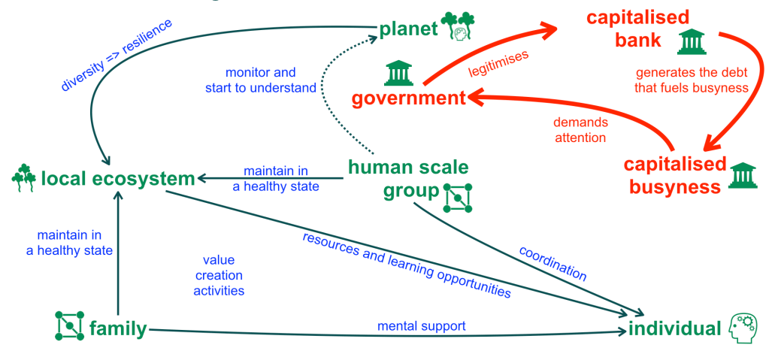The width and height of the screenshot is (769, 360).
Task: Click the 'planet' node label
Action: coord(408,29)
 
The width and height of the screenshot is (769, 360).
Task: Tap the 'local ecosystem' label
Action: coord(118,179)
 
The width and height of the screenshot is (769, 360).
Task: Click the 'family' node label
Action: coord(117,328)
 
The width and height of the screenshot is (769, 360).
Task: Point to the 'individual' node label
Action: coord(674,328)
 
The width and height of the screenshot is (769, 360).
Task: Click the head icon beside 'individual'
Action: coord(743,328)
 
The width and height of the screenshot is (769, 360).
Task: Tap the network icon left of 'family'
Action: coord(69,325)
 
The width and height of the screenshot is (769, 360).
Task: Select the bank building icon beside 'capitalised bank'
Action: coord(692,41)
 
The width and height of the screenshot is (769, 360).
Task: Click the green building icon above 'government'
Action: coord(398,73)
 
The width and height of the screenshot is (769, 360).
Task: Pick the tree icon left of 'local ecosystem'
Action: coord(24,176)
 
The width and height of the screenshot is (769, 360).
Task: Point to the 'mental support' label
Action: coord(421,326)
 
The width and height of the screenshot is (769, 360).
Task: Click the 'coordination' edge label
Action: coord(553,262)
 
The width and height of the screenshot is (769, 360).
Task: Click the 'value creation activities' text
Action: coord(218,275)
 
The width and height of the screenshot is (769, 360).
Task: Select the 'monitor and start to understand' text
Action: coord(261,80)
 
